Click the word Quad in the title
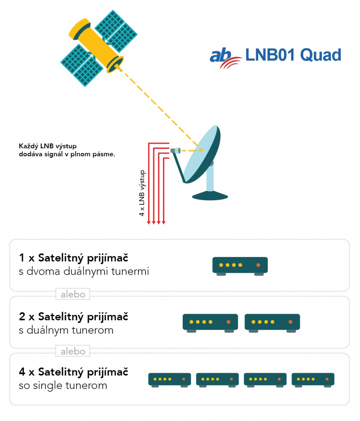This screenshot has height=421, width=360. [321, 56]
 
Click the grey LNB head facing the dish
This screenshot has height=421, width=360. [175, 150]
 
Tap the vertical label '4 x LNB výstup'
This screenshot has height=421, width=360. [142, 193]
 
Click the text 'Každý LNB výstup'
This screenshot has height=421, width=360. [48, 146]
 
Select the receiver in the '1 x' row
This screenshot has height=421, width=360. [240, 266]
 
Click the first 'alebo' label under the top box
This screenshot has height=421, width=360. [73, 294]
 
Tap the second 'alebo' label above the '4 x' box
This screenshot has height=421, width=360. [73, 351]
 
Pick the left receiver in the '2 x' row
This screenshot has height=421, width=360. [210, 323]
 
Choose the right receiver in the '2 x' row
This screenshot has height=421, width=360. [272, 323]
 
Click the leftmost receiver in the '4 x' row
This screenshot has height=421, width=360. [170, 380]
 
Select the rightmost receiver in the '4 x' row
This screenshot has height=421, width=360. [313, 380]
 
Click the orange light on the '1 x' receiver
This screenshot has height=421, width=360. [258, 265]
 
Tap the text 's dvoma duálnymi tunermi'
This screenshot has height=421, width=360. [84, 271]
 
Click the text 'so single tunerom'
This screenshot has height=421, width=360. [63, 386]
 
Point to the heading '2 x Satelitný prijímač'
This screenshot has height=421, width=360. [73, 317]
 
